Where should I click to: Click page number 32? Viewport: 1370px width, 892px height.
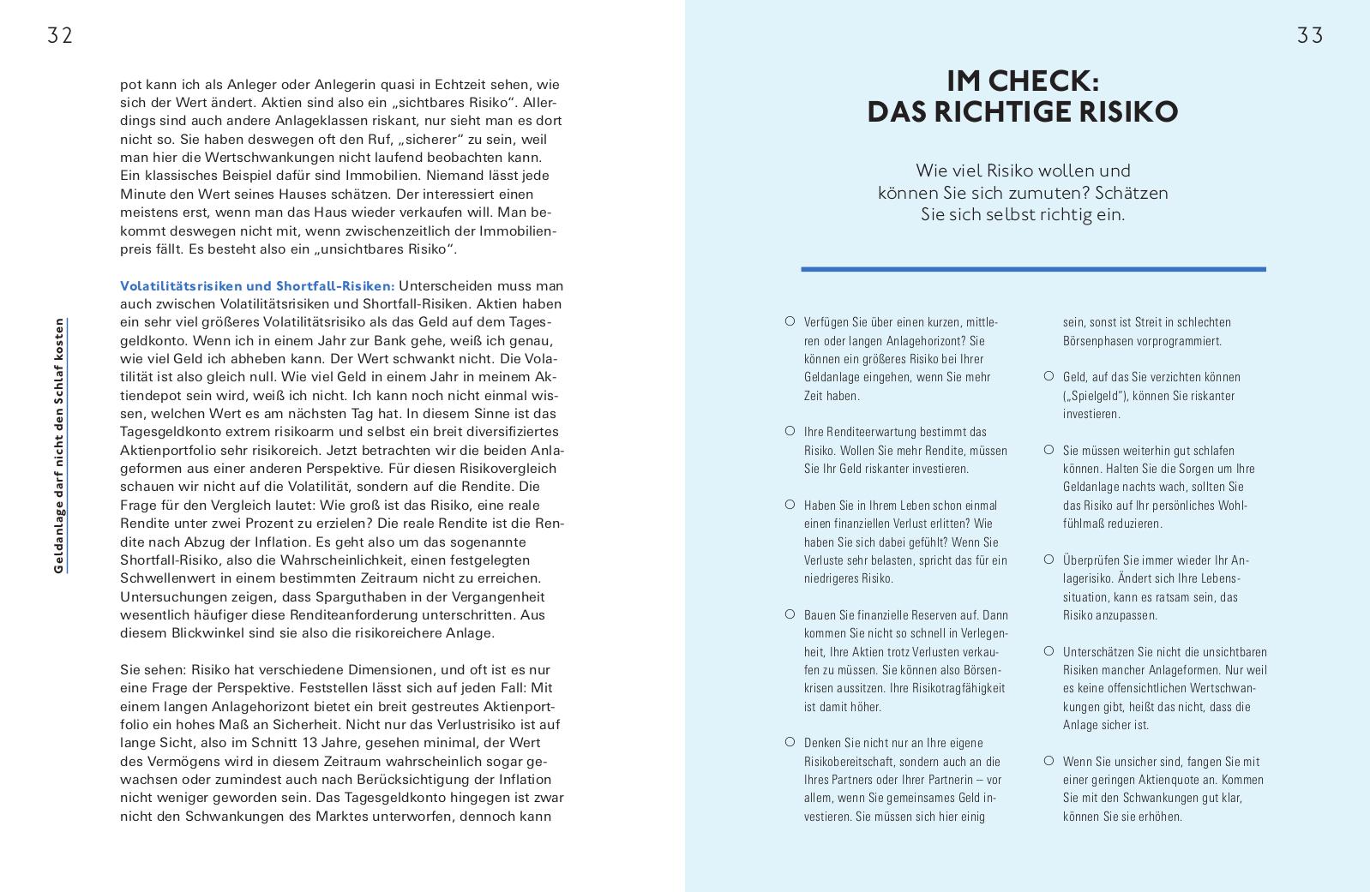[x=60, y=35]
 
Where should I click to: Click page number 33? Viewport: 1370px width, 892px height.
[x=1310, y=35]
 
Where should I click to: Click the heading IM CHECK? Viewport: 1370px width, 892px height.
[x=1022, y=81]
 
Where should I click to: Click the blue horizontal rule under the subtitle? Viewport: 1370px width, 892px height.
[x=1033, y=269]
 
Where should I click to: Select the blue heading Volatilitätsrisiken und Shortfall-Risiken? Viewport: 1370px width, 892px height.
[x=257, y=285]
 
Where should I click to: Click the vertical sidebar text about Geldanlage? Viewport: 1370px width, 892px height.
[x=59, y=446]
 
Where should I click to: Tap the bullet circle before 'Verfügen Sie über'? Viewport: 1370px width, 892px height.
[x=790, y=321]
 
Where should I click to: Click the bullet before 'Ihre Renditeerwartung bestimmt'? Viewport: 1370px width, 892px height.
[x=790, y=431]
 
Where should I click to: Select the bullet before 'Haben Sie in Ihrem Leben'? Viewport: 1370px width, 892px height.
[x=790, y=504]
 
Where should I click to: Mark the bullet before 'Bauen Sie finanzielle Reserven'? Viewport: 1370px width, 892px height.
[x=790, y=614]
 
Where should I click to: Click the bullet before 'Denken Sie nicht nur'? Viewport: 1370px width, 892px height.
[x=790, y=742]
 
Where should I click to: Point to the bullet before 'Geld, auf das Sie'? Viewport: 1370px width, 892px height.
[x=1049, y=376]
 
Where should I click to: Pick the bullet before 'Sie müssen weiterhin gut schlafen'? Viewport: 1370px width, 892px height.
[x=1049, y=449]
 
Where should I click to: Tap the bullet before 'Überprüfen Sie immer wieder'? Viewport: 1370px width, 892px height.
[x=1049, y=559]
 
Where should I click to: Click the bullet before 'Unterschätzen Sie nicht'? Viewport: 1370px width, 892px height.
[x=1049, y=650]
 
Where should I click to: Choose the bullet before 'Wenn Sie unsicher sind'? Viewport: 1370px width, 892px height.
[x=1049, y=760]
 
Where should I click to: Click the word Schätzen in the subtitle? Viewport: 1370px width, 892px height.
[x=1132, y=193]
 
